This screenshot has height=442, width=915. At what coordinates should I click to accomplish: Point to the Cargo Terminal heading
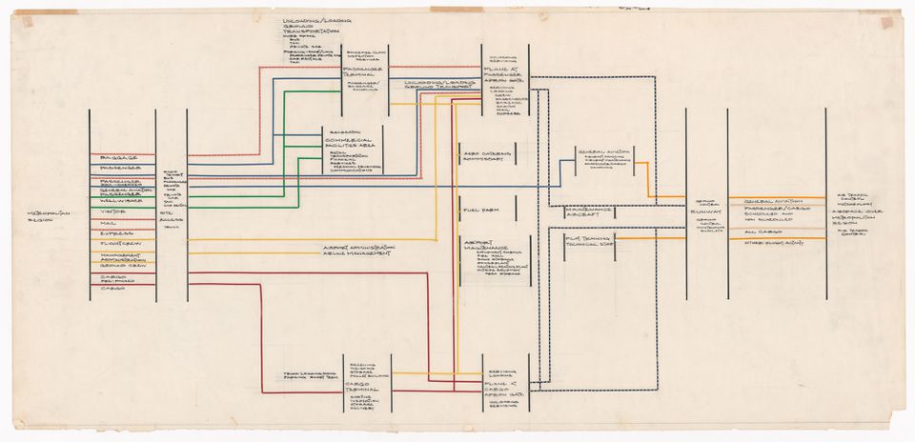click(x=349, y=386)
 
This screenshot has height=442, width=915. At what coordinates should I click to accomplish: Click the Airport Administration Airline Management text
click(x=357, y=251)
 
